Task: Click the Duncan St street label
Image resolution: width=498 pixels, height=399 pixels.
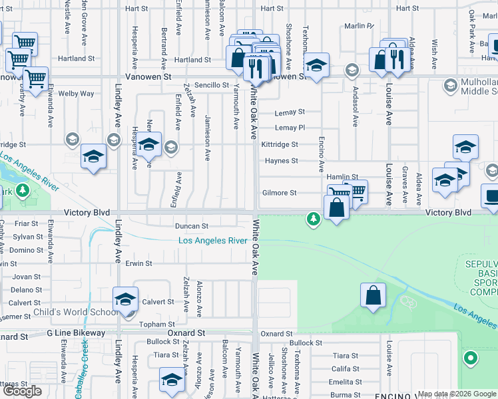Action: (192, 226)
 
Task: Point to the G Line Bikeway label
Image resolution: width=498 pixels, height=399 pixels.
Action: (76, 332)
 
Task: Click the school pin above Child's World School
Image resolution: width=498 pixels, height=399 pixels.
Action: (124, 299)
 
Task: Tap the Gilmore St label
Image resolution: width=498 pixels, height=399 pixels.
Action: (279, 193)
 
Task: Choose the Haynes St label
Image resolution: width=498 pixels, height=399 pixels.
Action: (281, 161)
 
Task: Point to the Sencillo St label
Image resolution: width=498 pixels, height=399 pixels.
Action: (202, 86)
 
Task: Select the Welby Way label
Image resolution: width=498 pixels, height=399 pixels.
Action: (76, 94)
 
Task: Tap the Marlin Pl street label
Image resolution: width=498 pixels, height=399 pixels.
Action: (360, 26)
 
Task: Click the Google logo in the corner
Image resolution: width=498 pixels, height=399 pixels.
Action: (23, 391)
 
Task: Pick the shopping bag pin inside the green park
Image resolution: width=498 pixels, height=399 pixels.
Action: (373, 295)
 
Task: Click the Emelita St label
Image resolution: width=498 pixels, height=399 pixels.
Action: (345, 382)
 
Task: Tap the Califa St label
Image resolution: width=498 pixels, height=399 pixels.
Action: (346, 368)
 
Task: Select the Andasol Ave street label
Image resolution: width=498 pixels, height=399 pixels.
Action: (356, 108)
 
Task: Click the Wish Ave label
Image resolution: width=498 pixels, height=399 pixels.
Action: (434, 55)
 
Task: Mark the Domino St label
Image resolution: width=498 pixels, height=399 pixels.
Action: (28, 250)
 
